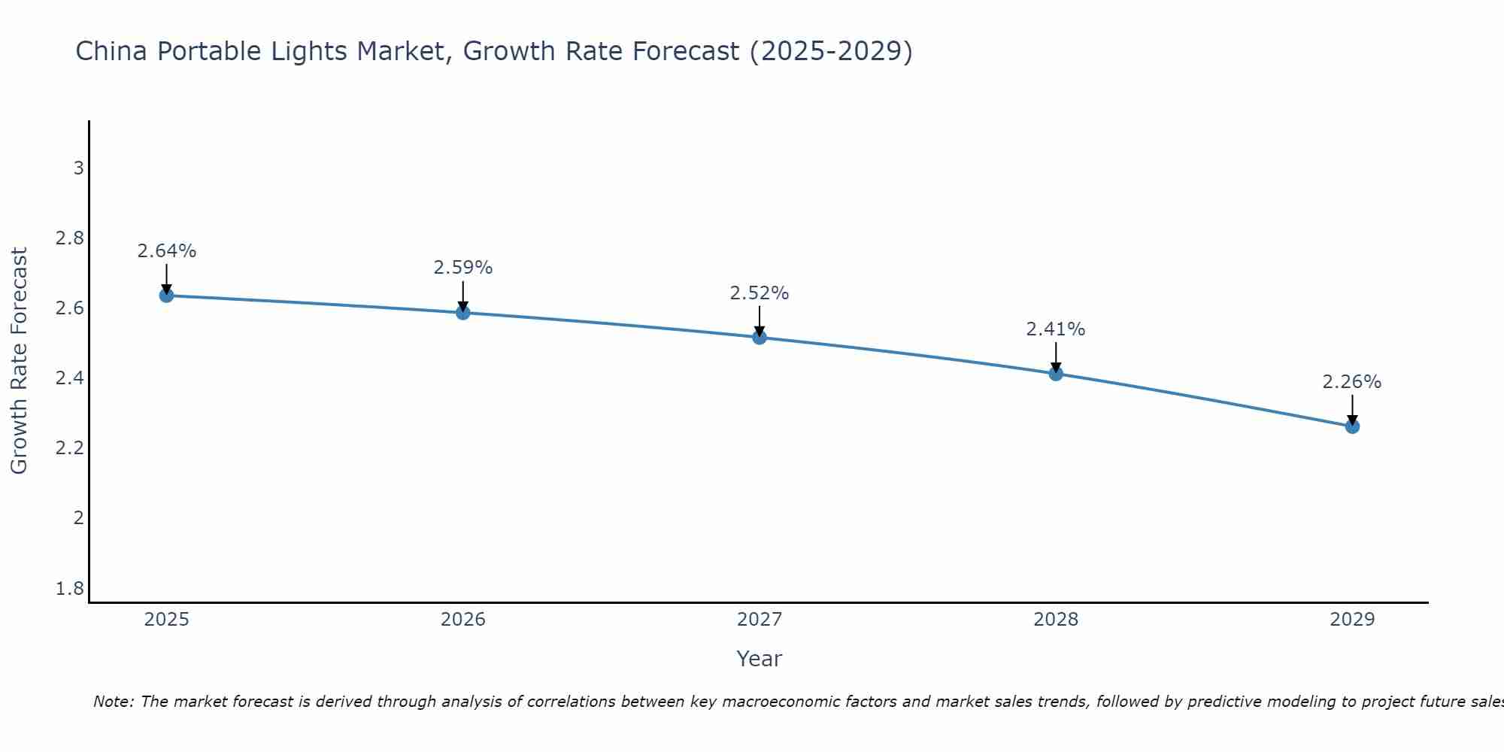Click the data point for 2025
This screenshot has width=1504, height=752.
(166, 296)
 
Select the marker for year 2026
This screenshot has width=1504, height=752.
(463, 312)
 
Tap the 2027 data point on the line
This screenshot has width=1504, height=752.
(760, 338)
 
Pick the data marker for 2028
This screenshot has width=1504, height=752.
(1056, 374)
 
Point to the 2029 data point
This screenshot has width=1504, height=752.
(1352, 426)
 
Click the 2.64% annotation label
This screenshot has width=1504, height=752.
(166, 251)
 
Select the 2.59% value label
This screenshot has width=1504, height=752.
(463, 268)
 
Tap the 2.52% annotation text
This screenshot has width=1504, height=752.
(760, 293)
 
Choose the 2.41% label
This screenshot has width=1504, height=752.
(1056, 329)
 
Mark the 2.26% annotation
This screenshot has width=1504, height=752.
(1352, 382)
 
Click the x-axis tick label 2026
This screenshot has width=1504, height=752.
(463, 620)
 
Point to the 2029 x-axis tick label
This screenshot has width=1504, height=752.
(1352, 620)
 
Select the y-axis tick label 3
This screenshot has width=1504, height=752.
(78, 168)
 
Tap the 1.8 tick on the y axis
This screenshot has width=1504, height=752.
(70, 588)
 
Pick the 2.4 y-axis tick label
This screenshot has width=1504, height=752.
(70, 378)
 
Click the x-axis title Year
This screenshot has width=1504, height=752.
(760, 659)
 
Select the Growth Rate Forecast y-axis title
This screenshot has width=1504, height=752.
(19, 361)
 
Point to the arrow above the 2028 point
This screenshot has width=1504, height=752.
(1056, 357)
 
